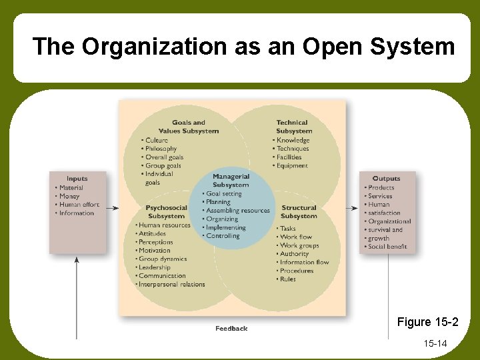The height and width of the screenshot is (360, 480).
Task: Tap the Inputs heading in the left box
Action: click(x=77, y=179)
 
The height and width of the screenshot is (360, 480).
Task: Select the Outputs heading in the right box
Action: click(x=387, y=179)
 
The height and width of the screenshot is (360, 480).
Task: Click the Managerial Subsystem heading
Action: click(x=231, y=181)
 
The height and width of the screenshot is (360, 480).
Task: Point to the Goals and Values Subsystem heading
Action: click(x=189, y=127)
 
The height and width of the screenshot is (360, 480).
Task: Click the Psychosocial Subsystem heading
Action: click(x=166, y=212)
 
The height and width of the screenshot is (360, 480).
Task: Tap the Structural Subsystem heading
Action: click(x=299, y=212)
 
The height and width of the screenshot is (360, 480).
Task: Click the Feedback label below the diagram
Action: click(x=231, y=329)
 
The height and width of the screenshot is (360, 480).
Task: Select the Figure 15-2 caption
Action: click(x=427, y=323)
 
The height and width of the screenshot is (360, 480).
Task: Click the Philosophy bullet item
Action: click(x=161, y=149)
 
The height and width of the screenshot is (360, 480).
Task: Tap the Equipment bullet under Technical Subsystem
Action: click(x=293, y=165)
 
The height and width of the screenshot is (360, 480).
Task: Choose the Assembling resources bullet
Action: click(x=238, y=211)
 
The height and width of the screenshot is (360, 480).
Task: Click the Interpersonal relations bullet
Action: click(x=172, y=285)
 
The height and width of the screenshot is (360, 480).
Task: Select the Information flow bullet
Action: click(x=305, y=262)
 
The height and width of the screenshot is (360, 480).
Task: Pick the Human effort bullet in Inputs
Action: click(x=79, y=205)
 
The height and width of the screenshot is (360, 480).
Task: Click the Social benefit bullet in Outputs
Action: click(x=387, y=247)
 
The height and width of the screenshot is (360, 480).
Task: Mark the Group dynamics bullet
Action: click(x=163, y=259)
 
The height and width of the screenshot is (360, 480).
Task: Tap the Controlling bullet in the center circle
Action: click(x=223, y=236)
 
